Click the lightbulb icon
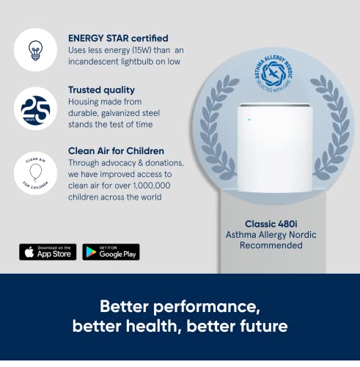click(35, 49)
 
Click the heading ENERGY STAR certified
click(118, 37)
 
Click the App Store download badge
click(48, 252)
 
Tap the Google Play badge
click(111, 252)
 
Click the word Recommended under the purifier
click(271, 245)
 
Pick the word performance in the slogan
click(221, 305)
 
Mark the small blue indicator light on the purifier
click(249, 117)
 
